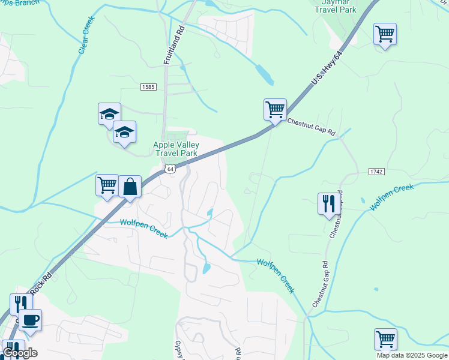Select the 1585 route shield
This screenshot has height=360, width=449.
tap(148, 87)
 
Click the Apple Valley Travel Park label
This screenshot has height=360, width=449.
tap(175, 149)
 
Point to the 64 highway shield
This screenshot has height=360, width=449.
tap(170, 169)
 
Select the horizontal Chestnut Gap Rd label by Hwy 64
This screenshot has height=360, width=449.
tap(310, 127)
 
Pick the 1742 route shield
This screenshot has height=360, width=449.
tap(375, 172)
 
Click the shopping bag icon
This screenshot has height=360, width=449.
tap(130, 187)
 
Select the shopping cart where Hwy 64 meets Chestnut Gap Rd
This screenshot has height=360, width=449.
tap(275, 110)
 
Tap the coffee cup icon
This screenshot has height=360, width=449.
tap(30, 319)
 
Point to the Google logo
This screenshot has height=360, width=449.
tap(19, 353)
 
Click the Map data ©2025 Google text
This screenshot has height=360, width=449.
tap(411, 355)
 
